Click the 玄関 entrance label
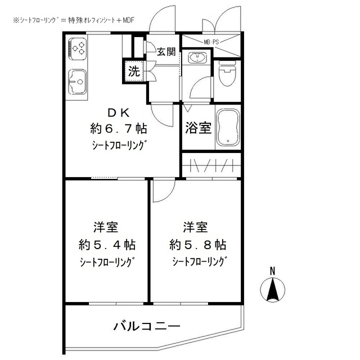click(165, 52)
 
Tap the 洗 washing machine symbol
click(134, 71)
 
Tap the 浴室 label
click(198, 128)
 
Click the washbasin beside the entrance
click(197, 57)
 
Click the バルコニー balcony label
click(146, 326)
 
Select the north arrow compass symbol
click(272, 290)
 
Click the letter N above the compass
click(272, 271)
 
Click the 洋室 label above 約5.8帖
click(195, 228)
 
